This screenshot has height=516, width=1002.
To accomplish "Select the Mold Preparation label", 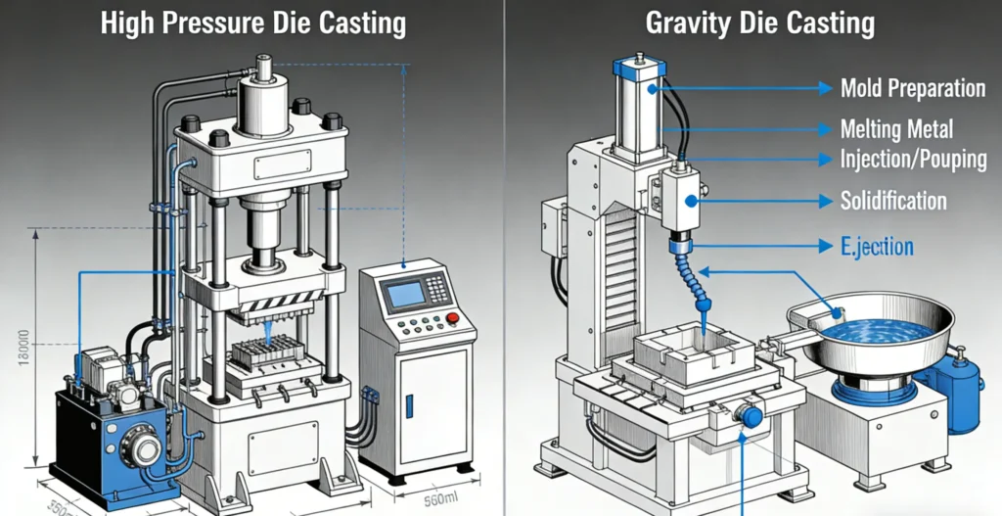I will click(912, 88).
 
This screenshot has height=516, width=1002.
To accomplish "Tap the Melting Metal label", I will click(896, 128).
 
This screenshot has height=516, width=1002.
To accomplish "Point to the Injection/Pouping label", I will click(913, 159).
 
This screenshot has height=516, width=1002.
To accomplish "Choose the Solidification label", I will click(893, 202).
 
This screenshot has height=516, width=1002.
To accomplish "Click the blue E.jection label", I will click(878, 247).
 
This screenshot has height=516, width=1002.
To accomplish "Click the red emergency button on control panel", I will click(453, 318).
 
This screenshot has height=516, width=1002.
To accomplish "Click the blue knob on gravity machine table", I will click(751, 416).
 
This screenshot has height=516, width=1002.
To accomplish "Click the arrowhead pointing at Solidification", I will click(823, 202).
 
